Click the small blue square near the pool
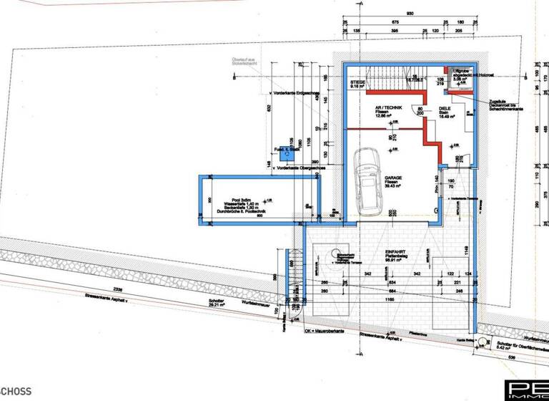tap(287, 150)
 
